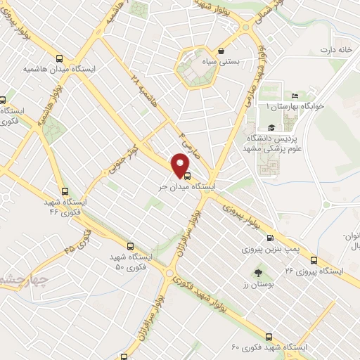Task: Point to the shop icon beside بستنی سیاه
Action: coord(221,51)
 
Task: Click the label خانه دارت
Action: coord(335,50)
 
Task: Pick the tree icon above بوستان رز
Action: coord(257,271)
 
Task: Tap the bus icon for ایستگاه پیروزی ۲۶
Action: coord(312,259)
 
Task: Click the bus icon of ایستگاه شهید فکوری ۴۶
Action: coord(65,190)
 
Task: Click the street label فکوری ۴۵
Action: coord(79,241)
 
